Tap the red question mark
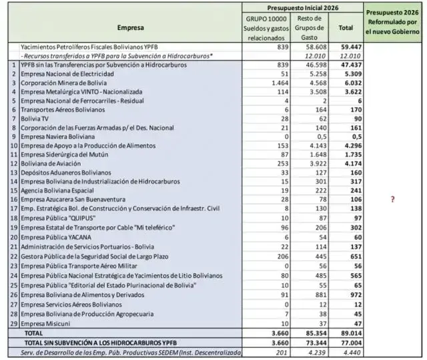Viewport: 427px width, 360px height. point(392,199)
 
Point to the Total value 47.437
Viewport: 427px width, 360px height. point(346,65)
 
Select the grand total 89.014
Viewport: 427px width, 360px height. point(346,332)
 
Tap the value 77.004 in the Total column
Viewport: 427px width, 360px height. point(346,341)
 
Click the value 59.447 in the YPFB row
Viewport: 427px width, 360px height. point(346,47)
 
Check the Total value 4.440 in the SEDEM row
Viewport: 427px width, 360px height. point(346,351)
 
